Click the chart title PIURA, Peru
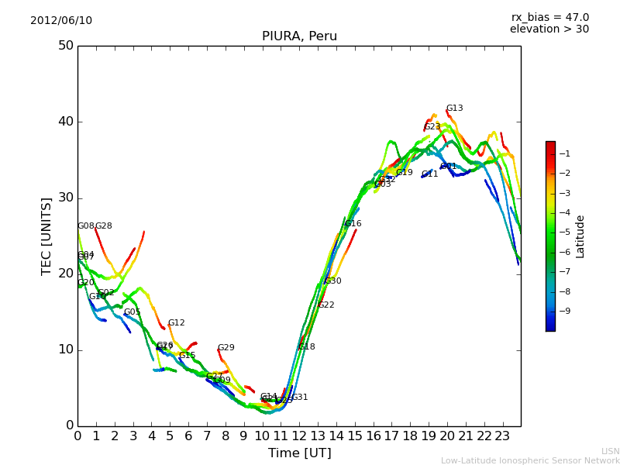point(299,36)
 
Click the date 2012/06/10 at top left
point(61,21)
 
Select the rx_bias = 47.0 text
point(549,18)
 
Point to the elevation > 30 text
point(549,29)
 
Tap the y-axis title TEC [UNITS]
point(46,236)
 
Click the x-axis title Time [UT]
point(299,453)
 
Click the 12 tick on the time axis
point(299,436)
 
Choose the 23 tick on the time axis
point(502,436)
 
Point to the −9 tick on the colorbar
point(565,311)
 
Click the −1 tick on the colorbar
point(565,153)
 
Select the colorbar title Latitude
point(580,236)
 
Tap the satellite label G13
point(454,108)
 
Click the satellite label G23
point(432,127)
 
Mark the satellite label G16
point(353,224)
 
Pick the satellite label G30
point(332,281)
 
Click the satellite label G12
point(176,323)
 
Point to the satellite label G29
point(226,348)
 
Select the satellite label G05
point(133,312)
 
